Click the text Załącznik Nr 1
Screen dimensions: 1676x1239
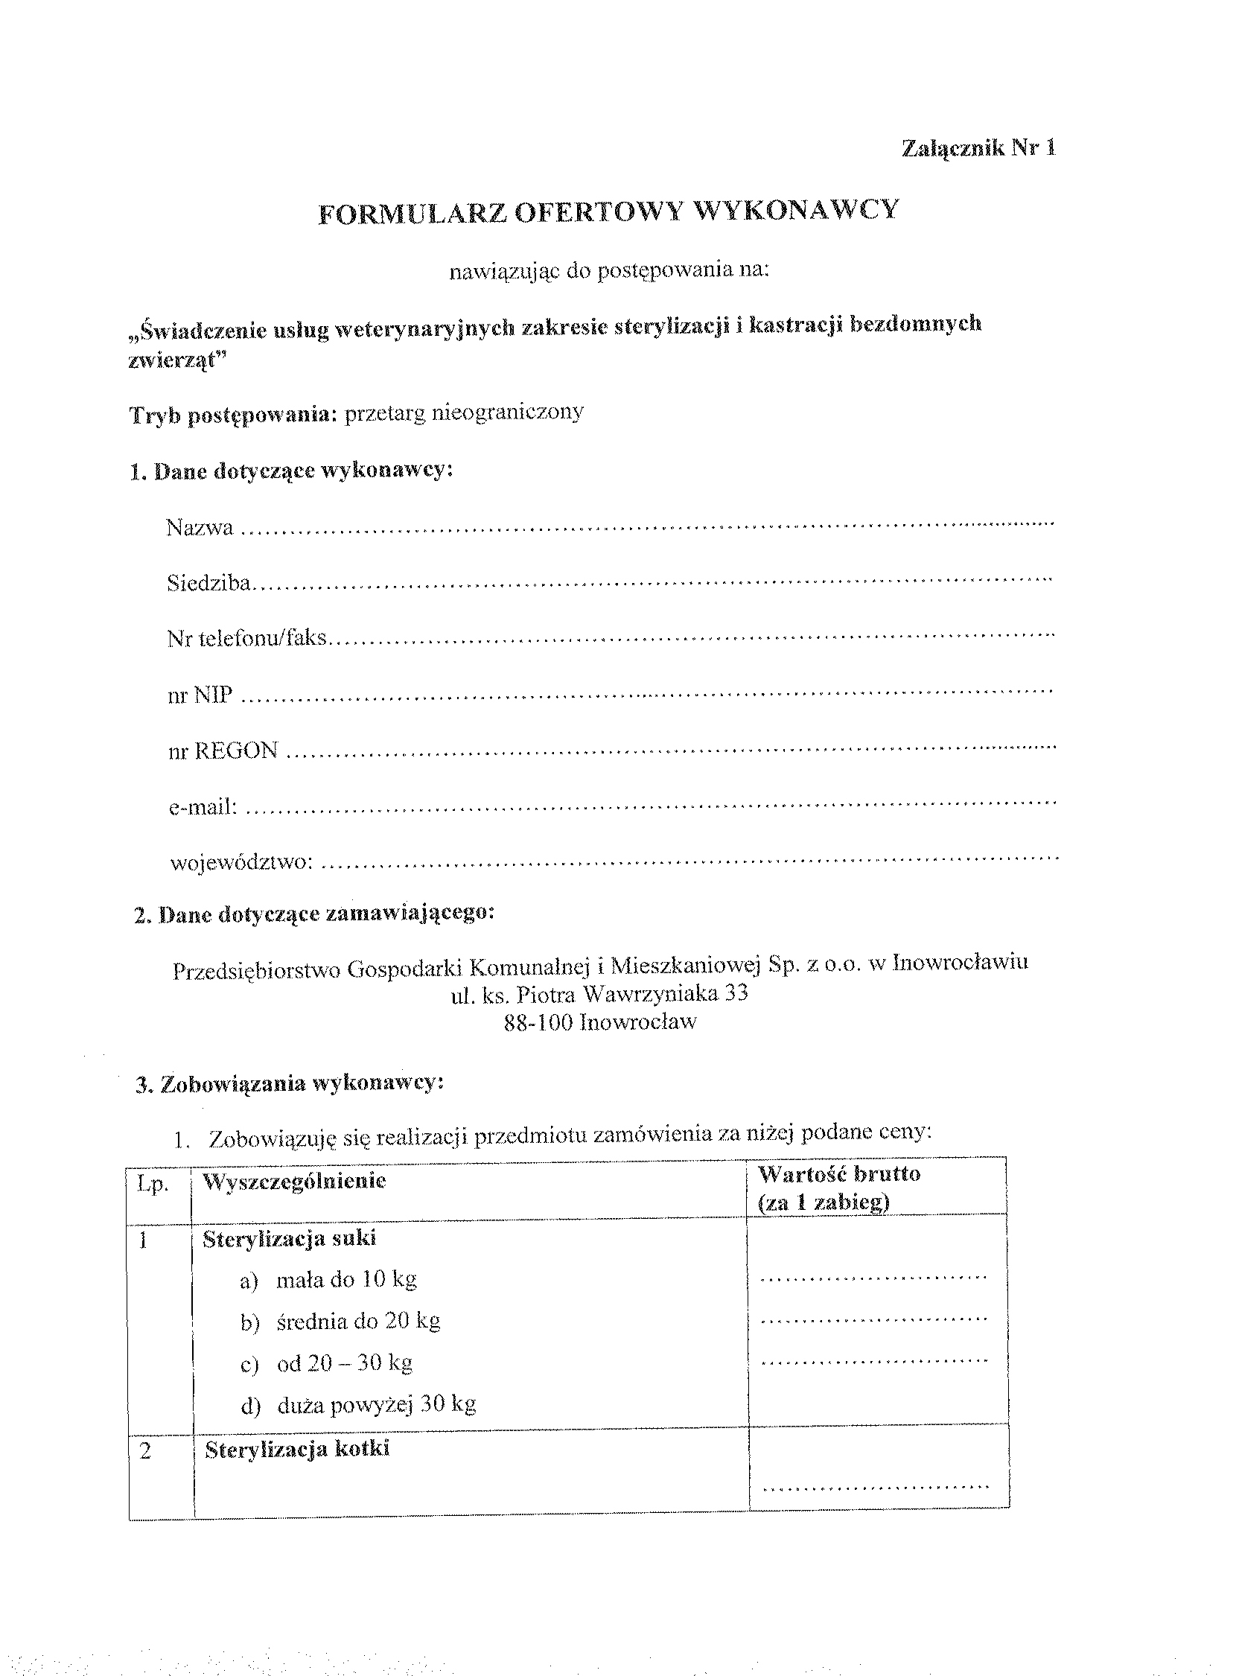pyautogui.click(x=978, y=148)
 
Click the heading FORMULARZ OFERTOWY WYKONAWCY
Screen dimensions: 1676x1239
pyautogui.click(x=608, y=211)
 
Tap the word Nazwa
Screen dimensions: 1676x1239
pyautogui.click(x=200, y=528)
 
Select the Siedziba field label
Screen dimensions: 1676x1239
pyautogui.click(x=208, y=584)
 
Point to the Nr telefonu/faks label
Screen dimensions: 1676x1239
pyautogui.click(x=246, y=639)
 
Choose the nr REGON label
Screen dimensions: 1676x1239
pyautogui.click(x=223, y=751)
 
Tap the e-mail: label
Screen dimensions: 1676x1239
pyautogui.click(x=203, y=807)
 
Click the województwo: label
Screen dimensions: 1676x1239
pyautogui.click(x=240, y=862)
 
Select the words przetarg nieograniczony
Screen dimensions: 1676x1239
pyautogui.click(x=463, y=412)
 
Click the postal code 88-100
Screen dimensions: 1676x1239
pyautogui.click(x=538, y=1022)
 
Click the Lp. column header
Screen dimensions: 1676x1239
pyautogui.click(x=153, y=1185)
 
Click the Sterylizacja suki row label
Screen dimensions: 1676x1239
pyautogui.click(x=289, y=1239)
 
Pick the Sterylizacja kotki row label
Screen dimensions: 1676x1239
pyautogui.click(x=297, y=1450)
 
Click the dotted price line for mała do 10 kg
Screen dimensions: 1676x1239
pyautogui.click(x=873, y=1277)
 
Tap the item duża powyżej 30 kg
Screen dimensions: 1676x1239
pyautogui.click(x=376, y=1403)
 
